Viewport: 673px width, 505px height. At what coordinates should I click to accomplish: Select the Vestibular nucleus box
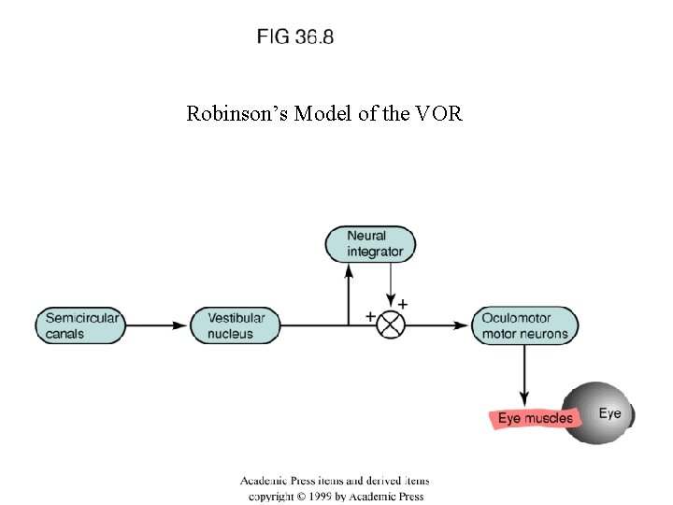[x=236, y=325]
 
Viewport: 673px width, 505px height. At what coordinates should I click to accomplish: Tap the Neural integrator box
[x=371, y=243]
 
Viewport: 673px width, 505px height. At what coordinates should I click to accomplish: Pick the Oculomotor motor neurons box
[x=524, y=325]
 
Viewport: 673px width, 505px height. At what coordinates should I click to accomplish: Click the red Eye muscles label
[x=535, y=418]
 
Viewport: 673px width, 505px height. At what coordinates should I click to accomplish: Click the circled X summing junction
[x=391, y=325]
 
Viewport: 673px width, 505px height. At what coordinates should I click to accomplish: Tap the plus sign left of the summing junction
[x=370, y=316]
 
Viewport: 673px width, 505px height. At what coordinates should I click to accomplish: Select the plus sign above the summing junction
[x=403, y=304]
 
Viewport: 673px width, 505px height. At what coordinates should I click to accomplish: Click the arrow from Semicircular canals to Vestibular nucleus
[x=159, y=325]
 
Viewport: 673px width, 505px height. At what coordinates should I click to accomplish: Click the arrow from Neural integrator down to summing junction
[x=391, y=285]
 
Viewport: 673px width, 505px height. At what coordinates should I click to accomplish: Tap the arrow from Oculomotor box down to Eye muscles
[x=524, y=374]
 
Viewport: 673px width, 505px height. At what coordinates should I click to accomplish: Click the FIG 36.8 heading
[x=295, y=37]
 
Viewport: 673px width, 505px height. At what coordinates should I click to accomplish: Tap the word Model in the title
[x=319, y=114]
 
